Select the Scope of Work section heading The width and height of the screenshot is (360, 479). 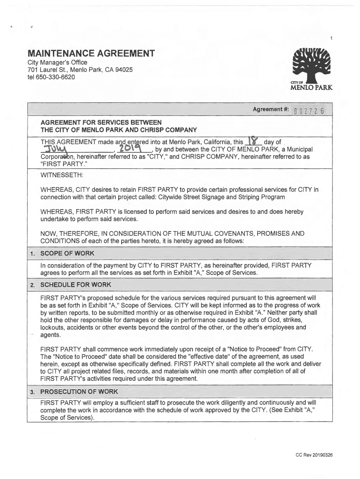coord(67,253)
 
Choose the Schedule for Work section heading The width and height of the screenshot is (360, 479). coord(74,285)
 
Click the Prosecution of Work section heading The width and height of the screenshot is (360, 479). coord(79,391)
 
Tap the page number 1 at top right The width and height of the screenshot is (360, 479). coord(331,38)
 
